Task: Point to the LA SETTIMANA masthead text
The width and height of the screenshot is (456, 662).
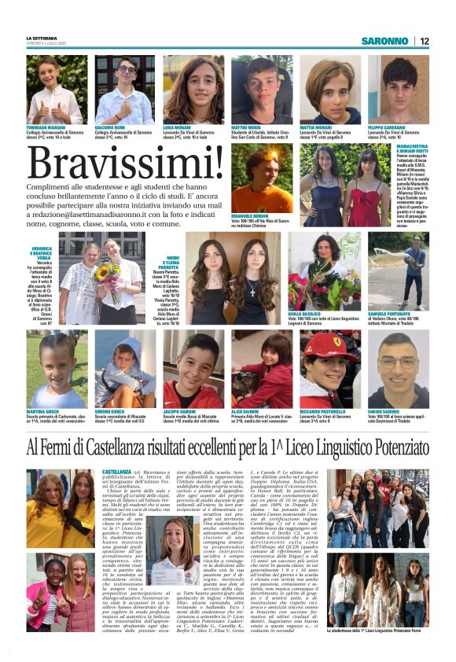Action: click(x=42, y=38)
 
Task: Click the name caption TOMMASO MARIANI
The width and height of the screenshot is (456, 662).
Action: click(x=46, y=126)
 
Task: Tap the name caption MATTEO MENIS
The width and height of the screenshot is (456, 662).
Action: click(x=248, y=126)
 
